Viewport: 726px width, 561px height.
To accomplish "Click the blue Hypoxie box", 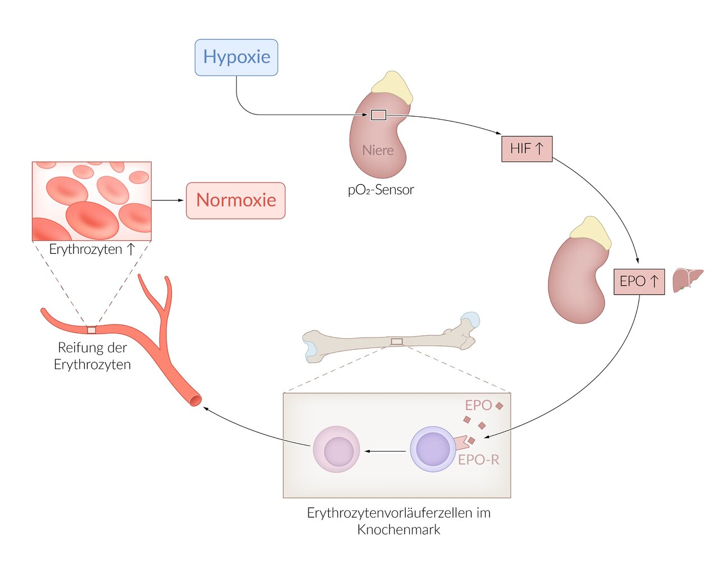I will pos(236,57).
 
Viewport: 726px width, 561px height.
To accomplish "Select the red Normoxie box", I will pos(235,200).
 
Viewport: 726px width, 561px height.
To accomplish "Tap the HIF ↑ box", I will pos(527,149).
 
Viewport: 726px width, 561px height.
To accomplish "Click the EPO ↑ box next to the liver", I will pos(639,281).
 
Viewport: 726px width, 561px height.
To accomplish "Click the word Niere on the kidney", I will pos(378,150).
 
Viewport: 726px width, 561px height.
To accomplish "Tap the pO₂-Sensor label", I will pos(380,190).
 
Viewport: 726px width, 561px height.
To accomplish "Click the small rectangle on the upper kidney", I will pos(378,115).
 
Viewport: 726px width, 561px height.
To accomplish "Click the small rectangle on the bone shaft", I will pos(397,341).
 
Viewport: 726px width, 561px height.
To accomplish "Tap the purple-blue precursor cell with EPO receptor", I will pos(433,449).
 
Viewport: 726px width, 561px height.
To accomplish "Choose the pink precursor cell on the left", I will pos(336,449).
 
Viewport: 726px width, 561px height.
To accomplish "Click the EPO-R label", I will pos(478,460).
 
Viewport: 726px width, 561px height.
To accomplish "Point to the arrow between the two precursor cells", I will pos(385,451).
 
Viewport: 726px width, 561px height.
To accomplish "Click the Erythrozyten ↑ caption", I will pos(92,249).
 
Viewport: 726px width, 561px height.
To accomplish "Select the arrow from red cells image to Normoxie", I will pos(168,200).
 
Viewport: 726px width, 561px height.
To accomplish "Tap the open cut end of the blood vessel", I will pos(195,400).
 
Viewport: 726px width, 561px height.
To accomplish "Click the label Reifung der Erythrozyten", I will pos(92,356).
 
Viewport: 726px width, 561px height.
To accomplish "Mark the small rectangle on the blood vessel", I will pos(92,330).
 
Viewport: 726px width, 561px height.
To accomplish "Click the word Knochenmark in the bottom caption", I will pos(398,530).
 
